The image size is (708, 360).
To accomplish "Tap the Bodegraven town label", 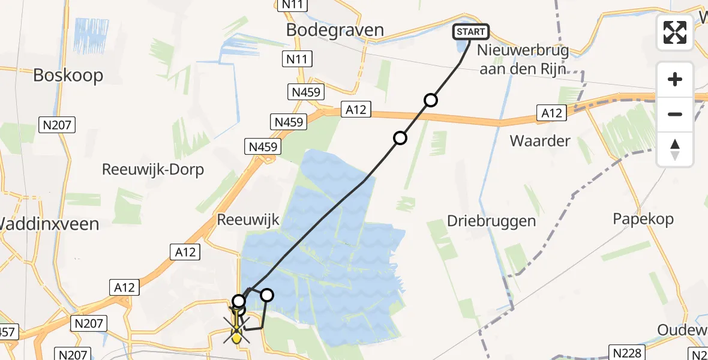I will pos(335,30).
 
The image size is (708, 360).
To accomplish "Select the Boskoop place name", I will pos(68,75).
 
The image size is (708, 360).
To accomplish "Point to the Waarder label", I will pos(539,141).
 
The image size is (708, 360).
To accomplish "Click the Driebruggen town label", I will pos(491,221).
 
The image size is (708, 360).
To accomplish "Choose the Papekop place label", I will pos(643,219).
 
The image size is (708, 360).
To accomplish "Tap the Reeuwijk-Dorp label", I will pos(152,170).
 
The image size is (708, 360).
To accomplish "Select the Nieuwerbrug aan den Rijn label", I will pos(521,60).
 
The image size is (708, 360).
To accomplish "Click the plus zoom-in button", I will pos(675,79).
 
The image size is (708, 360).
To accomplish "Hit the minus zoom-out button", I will pos(675,114).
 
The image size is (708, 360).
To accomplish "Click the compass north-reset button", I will pos(675,149).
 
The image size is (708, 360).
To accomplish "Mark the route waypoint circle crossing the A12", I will pos(430,100).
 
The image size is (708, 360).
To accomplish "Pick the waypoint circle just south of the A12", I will pos(400,139).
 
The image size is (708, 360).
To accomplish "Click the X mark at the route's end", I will pos(237,330).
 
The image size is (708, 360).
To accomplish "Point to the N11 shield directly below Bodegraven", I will pos(297,59).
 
